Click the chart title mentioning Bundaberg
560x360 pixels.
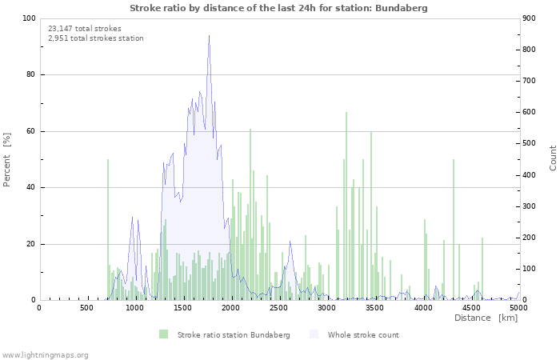[278, 8]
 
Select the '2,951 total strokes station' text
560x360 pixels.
[96, 38]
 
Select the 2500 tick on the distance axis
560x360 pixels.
[279, 307]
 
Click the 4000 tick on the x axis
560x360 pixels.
[423, 307]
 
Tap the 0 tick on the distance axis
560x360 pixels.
[39, 307]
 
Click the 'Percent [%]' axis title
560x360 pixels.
[7, 159]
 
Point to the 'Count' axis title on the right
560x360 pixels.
[553, 158]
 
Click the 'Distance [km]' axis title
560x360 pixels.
[486, 318]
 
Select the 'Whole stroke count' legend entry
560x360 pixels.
[363, 334]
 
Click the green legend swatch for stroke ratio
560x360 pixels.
[164, 334]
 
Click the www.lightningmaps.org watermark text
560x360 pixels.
[45, 354]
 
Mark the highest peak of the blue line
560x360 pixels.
[210, 36]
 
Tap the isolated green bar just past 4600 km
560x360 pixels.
[482, 269]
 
